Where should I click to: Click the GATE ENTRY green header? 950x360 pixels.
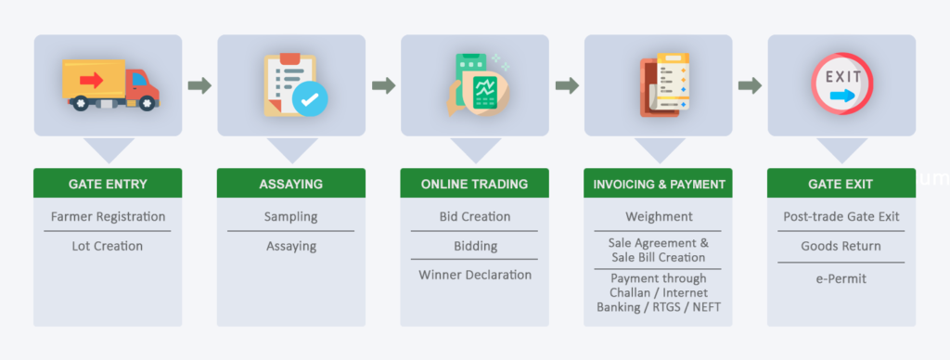point(108,184)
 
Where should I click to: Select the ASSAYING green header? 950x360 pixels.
point(291,184)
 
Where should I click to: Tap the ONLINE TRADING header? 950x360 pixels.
point(474,184)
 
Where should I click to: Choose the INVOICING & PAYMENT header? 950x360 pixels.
point(659,184)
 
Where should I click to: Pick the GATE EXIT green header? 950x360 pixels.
point(841,184)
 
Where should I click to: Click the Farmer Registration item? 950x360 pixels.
point(108,217)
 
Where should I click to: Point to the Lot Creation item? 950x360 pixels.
point(108,246)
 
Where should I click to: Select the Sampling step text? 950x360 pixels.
point(291,217)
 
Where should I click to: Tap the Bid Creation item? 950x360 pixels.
point(474,217)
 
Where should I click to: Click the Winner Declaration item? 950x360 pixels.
point(474,275)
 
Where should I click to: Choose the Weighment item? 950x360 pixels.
point(659,217)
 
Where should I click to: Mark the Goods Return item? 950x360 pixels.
point(841,246)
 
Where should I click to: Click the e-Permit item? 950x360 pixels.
point(841,277)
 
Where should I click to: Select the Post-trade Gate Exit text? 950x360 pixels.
point(841,217)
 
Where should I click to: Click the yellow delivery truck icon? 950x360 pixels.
point(109,84)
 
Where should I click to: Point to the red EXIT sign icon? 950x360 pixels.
point(841,84)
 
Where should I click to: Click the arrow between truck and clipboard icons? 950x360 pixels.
point(199,85)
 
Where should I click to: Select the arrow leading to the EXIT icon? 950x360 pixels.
point(750,85)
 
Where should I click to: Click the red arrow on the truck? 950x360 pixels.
point(92,80)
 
